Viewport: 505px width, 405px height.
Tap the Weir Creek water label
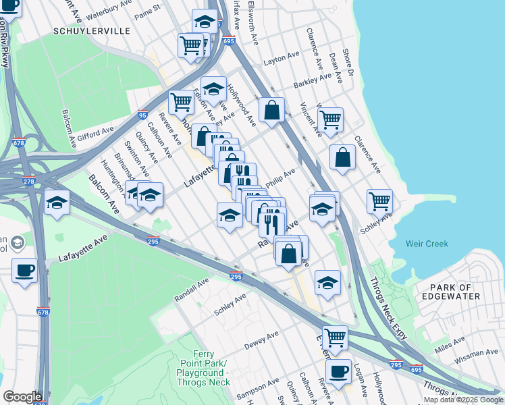(x=427, y=244)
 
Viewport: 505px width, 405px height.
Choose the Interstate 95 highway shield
(x=142, y=115)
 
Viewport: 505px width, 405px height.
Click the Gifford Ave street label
(x=99, y=132)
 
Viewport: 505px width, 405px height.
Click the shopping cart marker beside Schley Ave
(x=379, y=200)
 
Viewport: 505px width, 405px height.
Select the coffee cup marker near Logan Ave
(x=338, y=371)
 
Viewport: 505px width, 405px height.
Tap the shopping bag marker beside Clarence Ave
(x=343, y=157)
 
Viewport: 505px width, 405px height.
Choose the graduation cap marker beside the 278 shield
(x=57, y=202)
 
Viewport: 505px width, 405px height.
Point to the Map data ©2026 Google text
(x=463, y=400)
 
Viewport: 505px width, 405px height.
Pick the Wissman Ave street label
(x=475, y=353)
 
